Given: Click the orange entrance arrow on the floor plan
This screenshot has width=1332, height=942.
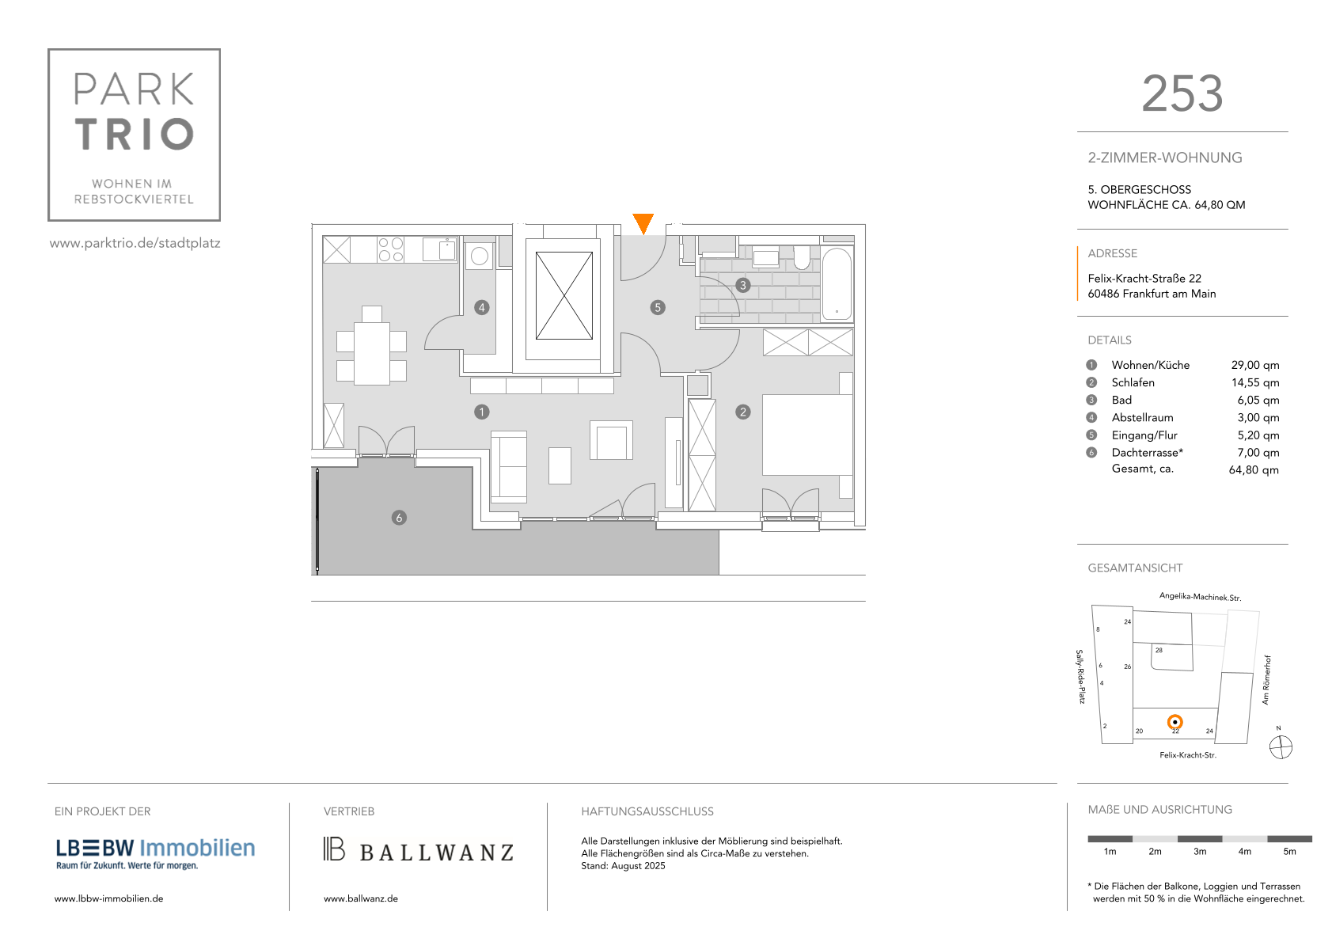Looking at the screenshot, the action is [x=643, y=223].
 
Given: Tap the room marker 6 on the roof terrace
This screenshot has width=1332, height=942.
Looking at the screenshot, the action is [x=399, y=518].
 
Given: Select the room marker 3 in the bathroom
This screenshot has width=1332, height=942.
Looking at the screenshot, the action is [x=742, y=286].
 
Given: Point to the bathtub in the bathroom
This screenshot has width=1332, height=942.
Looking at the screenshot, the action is [x=837, y=283].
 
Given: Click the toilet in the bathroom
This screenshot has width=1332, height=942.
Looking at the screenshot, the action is [x=802, y=257].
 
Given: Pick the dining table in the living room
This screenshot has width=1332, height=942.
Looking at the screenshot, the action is [x=372, y=353].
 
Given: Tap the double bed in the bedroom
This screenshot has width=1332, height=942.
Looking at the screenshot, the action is [x=807, y=435].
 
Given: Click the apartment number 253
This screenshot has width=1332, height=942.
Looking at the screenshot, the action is [x=1182, y=93].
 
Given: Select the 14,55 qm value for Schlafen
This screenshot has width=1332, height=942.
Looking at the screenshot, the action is [x=1254, y=382].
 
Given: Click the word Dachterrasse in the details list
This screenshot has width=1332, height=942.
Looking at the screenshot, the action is [x=1144, y=452].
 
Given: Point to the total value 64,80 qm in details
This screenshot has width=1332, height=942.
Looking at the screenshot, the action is [x=1254, y=469].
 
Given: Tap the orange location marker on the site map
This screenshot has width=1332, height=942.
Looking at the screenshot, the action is [x=1175, y=722].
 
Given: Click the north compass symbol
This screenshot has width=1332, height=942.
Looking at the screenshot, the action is [x=1281, y=747].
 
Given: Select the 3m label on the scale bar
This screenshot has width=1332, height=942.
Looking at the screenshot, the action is [x=1199, y=851].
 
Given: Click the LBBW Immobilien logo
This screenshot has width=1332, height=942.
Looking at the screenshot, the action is [x=155, y=853].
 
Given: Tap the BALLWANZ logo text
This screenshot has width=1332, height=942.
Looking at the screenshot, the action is [x=436, y=853].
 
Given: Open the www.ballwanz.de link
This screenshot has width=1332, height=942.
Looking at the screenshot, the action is [x=360, y=898].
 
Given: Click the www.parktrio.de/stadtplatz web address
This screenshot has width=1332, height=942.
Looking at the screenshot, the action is [x=135, y=243].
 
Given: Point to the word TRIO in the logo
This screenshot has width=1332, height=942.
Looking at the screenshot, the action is [x=135, y=134].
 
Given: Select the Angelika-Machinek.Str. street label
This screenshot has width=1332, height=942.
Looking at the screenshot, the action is [x=1200, y=597].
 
